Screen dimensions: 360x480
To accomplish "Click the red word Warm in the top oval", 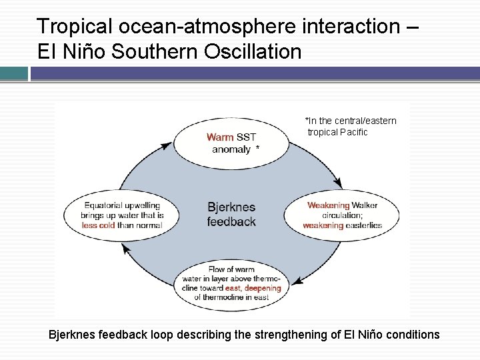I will (219, 137).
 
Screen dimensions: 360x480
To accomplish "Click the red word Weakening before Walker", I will (328, 205).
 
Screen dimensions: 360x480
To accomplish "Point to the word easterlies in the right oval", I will (363, 226).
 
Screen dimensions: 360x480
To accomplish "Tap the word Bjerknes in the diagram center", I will (231, 207).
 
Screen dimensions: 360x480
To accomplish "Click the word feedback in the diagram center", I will (231, 221).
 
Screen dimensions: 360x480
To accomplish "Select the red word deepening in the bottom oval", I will (263, 288).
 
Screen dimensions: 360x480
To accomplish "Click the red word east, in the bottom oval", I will (233, 288).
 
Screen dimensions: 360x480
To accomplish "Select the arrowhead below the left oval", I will (124, 249).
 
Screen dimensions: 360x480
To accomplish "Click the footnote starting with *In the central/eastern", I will (351, 126).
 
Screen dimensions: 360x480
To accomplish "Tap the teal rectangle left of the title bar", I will (14, 73).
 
